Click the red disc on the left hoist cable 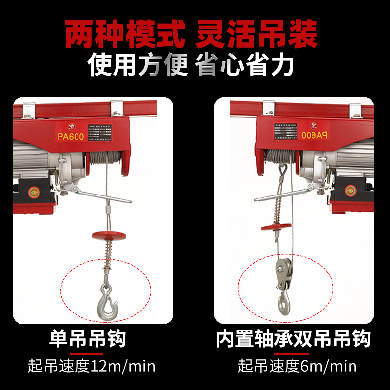[x=109, y=235]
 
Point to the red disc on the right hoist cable [x=276, y=226]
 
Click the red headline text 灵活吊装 [x=257, y=34]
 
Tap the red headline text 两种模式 [x=126, y=34]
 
